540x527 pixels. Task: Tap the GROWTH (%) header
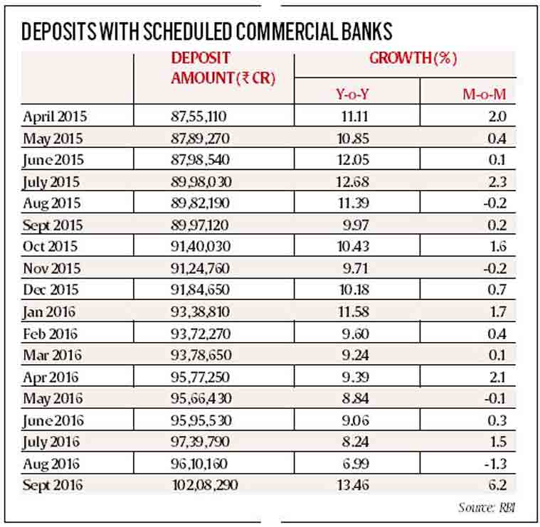point(413,59)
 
